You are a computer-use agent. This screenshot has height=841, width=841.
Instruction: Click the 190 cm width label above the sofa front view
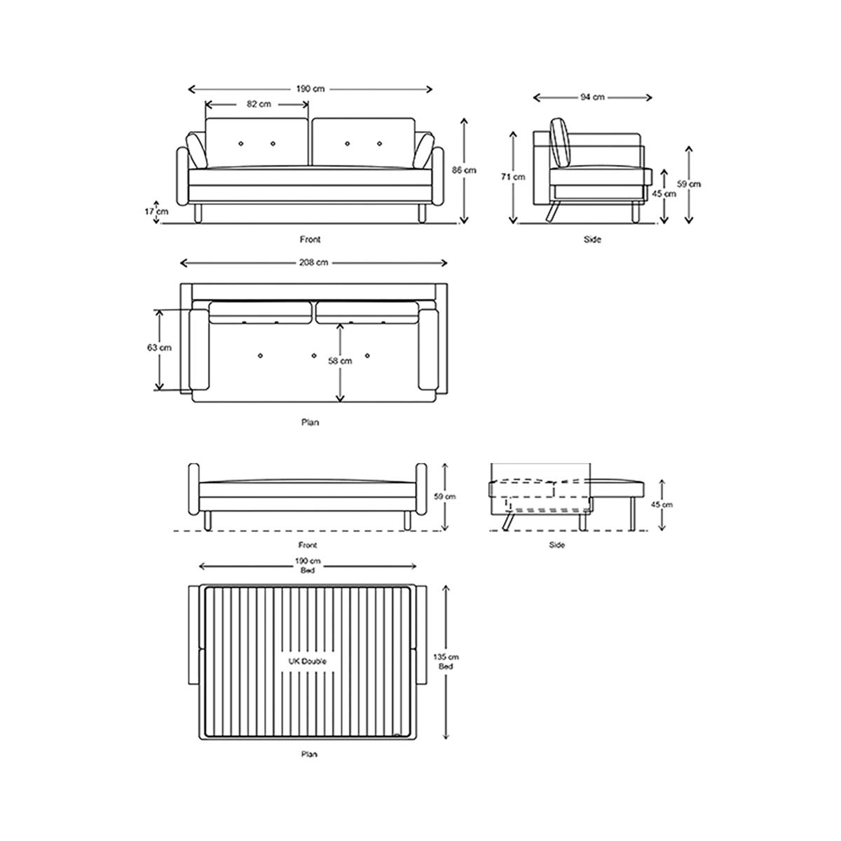[x=310, y=89]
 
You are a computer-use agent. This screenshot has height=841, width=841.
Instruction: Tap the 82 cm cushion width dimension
[x=259, y=104]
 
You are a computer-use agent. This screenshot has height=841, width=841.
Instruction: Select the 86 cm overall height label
[x=464, y=170]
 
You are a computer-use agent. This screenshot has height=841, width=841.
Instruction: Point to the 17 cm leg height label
[x=156, y=212]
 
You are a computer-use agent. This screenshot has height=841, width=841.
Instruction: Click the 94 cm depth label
[x=592, y=97]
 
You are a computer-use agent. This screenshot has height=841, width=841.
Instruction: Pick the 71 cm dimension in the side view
[x=513, y=177]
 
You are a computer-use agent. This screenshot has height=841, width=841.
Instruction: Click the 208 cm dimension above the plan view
[x=313, y=263]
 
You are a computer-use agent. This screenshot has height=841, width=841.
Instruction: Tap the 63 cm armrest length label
[x=159, y=348]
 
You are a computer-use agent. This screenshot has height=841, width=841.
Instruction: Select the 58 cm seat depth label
[x=340, y=361]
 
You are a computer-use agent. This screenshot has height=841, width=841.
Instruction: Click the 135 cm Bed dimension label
[x=446, y=661]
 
